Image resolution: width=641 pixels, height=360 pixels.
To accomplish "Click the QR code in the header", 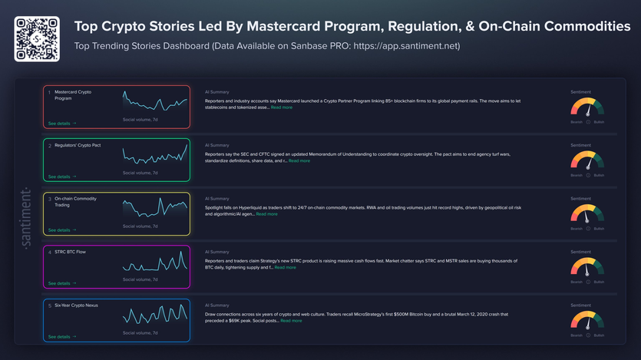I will pyautogui.click(x=37, y=38).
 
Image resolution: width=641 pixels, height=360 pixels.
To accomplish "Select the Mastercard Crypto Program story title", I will pyautogui.click(x=73, y=95).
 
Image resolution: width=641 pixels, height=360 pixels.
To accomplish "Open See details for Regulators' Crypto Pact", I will pyautogui.click(x=61, y=177).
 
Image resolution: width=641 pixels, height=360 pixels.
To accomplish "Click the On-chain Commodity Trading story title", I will pyautogui.click(x=74, y=202).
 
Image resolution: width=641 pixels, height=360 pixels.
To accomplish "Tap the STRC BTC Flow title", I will pyautogui.click(x=70, y=252).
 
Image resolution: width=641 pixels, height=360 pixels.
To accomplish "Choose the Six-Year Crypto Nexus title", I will pyautogui.click(x=76, y=305).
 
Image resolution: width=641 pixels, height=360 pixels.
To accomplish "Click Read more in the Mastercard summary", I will pyautogui.click(x=281, y=107).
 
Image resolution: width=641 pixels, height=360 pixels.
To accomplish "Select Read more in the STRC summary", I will pyautogui.click(x=285, y=267).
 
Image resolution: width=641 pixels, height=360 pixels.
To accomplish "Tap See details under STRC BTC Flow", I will pyautogui.click(x=61, y=283).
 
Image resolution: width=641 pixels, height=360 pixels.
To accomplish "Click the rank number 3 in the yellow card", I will pyautogui.click(x=49, y=198).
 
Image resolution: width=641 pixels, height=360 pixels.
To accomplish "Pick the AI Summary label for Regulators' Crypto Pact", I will pyautogui.click(x=216, y=145).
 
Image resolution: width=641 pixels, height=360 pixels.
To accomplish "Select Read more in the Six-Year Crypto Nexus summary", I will pyautogui.click(x=291, y=321).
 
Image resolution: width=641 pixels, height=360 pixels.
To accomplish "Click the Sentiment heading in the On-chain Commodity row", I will pyautogui.click(x=581, y=199).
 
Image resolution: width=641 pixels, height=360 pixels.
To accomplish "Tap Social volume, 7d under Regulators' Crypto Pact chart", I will pyautogui.click(x=140, y=173).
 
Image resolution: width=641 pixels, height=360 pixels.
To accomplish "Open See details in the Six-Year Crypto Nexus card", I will pyautogui.click(x=61, y=337).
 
